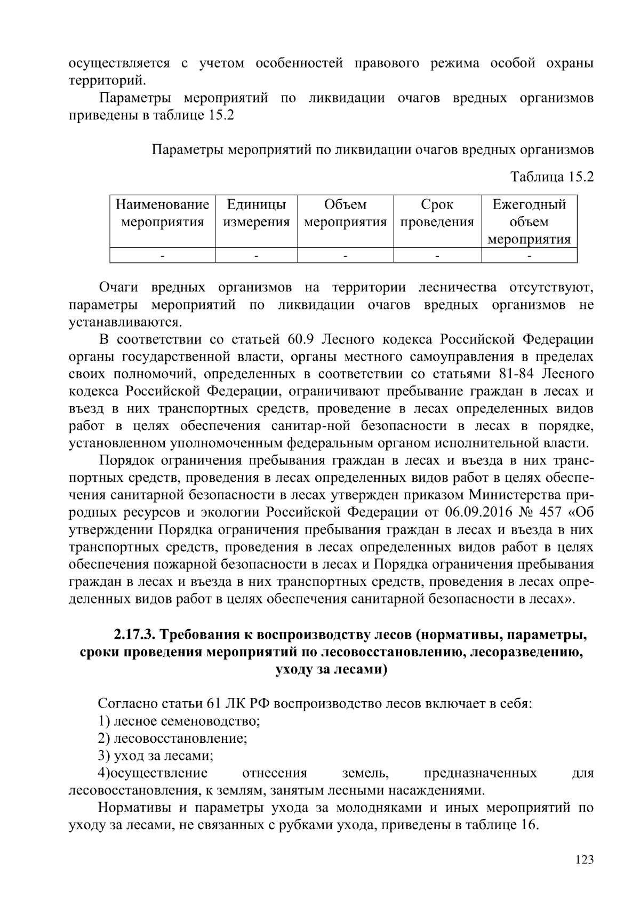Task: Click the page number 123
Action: [x=585, y=859]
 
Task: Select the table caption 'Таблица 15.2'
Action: [x=552, y=177]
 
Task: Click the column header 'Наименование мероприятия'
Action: [x=163, y=213]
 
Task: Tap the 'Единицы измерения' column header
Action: [x=256, y=213]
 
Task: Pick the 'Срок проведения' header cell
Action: [x=437, y=213]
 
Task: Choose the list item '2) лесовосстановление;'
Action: [x=173, y=739]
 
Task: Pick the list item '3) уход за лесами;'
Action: [x=156, y=756]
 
